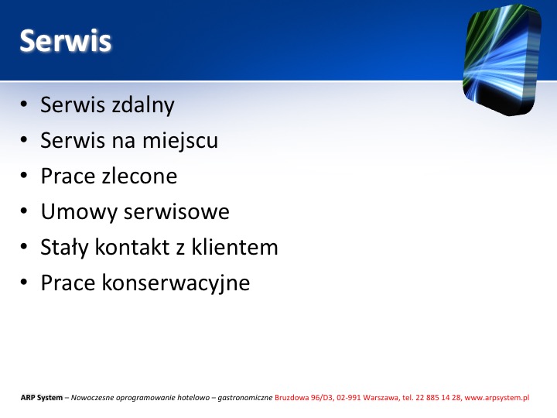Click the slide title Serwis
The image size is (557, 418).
coord(65,40)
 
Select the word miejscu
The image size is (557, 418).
coord(180,141)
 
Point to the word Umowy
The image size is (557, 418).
coord(79,212)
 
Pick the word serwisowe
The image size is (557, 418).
coord(176,212)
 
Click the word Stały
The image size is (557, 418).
coord(64,248)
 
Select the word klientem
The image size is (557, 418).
coord(235,247)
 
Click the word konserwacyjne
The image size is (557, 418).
coord(176,283)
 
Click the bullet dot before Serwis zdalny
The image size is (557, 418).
coord(24,104)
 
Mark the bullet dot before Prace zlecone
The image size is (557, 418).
coord(24,175)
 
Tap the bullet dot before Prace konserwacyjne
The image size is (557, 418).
coord(24,282)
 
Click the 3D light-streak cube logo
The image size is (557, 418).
coord(502,60)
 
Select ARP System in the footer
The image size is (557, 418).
coord(42,398)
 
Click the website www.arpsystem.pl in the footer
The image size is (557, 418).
coord(497,398)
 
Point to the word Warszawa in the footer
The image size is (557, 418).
coord(381,398)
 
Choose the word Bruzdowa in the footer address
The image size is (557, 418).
coord(292,398)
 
